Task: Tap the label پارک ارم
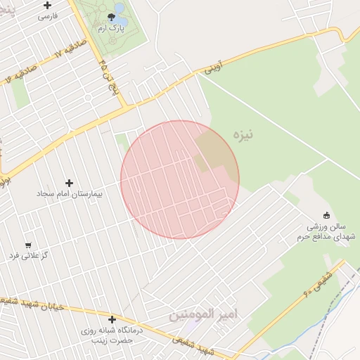[x=111, y=27]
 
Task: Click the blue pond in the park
[x=120, y=8]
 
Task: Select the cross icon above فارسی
[x=47, y=5]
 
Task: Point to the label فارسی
[x=47, y=15]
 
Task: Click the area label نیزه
[x=243, y=134]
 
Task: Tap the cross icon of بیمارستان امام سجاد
[x=69, y=183]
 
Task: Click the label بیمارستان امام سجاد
[x=69, y=193]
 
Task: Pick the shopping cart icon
[x=28, y=245]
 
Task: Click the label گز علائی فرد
[x=28, y=255]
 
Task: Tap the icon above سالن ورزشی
[x=326, y=216]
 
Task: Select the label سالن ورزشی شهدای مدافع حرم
[x=330, y=232]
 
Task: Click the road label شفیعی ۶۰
[x=316, y=283]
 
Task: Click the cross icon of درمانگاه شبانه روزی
[x=112, y=320]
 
